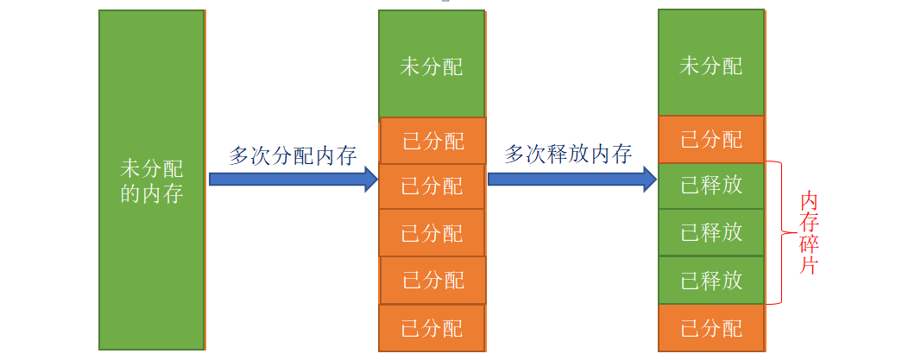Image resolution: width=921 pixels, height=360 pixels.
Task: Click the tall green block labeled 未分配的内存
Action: click(152, 180)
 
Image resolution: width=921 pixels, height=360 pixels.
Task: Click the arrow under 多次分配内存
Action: click(293, 179)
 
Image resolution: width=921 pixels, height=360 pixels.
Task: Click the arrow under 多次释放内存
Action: click(572, 179)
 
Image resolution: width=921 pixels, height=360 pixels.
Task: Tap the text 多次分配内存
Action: click(293, 155)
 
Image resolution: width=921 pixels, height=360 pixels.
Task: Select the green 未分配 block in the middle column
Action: click(432, 66)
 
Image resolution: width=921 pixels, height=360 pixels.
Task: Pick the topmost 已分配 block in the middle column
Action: click(432, 141)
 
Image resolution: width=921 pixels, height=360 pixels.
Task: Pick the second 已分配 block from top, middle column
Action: click(432, 186)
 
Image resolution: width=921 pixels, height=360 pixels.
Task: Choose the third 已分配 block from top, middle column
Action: click(432, 233)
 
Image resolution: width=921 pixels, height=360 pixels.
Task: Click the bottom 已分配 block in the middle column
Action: click(432, 328)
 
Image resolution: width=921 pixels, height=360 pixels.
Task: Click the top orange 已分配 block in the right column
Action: click(711, 139)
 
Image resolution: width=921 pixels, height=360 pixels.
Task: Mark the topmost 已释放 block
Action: click(711, 186)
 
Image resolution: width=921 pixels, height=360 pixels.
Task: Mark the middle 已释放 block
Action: click(711, 232)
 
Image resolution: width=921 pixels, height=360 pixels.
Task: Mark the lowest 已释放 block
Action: click(711, 281)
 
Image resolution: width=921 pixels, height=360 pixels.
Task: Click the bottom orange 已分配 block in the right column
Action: click(711, 328)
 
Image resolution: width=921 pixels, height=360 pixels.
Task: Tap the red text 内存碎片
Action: click(809, 233)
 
